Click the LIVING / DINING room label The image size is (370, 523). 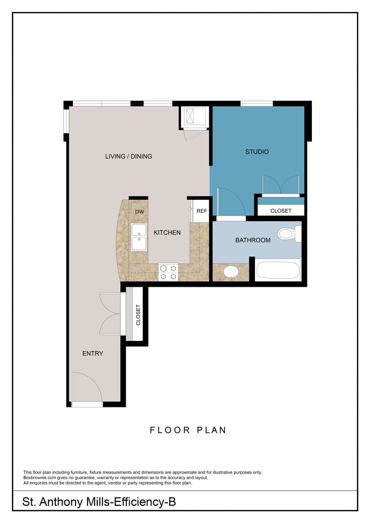tap(128, 157)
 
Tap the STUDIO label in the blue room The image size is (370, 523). tap(257, 152)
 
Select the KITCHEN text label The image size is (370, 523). tap(166, 232)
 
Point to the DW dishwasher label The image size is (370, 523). tap(139, 212)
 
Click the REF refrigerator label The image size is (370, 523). tap(202, 211)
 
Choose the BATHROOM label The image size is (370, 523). tap(253, 240)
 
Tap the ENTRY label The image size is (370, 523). tap(93, 353)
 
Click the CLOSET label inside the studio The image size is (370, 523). tap(281, 211)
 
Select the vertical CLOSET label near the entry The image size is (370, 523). tap(138, 315)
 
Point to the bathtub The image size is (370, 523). tap(277, 270)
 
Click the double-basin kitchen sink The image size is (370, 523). tap(138, 238)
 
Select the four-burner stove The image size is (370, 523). tap(168, 272)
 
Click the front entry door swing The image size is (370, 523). tap(87, 387)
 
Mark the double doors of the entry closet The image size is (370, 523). tap(110, 314)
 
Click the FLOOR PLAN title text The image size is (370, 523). tap(188, 430)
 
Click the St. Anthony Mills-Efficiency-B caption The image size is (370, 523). tap(102, 502)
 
